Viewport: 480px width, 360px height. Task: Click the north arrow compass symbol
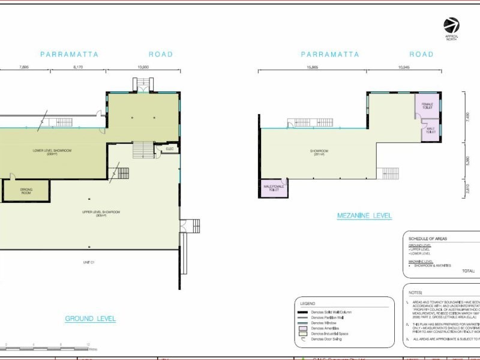pyautogui.click(x=451, y=26)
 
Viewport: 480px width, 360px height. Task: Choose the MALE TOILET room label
pyautogui.click(x=430, y=130)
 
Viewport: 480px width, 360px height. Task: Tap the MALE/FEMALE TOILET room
pyautogui.click(x=273, y=188)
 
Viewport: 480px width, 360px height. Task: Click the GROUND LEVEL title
pyautogui.click(x=90, y=319)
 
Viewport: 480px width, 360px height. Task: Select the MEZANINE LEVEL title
pyautogui.click(x=364, y=215)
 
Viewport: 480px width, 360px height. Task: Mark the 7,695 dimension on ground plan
pyautogui.click(x=25, y=67)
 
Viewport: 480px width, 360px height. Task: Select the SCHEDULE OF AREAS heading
pyautogui.click(x=427, y=238)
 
